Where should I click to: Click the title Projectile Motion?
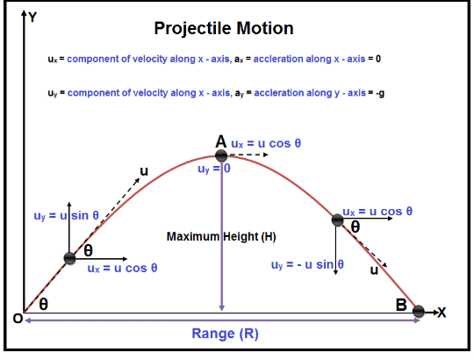pos(224,29)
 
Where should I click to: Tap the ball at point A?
pos(221,155)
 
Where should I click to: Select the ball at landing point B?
pos(419,311)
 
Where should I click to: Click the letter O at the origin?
pos(18,318)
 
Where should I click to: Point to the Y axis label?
pos(32,18)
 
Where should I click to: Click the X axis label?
pos(442,313)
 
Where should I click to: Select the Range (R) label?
pos(226,334)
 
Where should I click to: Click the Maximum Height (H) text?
pos(221,237)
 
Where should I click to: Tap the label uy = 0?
pos(214,169)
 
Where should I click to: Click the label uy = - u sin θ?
pos(307,265)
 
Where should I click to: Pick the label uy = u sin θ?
pos(66,216)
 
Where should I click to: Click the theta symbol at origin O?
pos(44,304)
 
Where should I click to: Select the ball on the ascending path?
pos(69,258)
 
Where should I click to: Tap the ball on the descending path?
pos(337,220)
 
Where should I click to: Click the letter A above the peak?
pos(221,141)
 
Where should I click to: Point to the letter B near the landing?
pos(401,305)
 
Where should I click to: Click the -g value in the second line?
pos(380,93)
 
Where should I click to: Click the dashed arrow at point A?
pos(248,155)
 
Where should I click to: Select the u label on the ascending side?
pos(144,172)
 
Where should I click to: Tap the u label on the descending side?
pos(374,270)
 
